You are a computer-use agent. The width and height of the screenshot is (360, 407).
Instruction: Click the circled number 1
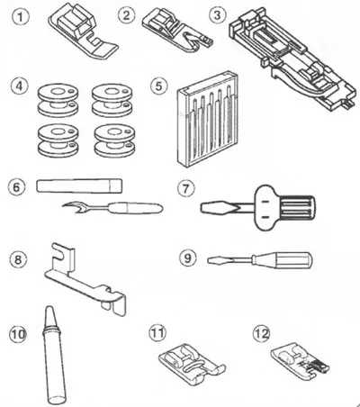(21, 16)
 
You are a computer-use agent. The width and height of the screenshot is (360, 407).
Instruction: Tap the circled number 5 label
(158, 86)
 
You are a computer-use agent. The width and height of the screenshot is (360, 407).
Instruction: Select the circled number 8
(18, 259)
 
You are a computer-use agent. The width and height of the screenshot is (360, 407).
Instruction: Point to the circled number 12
(262, 333)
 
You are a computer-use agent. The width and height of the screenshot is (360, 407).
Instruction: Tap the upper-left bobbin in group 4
(58, 101)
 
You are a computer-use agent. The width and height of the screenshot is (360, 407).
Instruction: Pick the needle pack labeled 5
(207, 119)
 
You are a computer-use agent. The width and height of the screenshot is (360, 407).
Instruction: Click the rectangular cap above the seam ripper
(79, 185)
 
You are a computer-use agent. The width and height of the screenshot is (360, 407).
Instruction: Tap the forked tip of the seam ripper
(70, 207)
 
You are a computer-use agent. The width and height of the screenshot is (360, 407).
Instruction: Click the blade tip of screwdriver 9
(210, 260)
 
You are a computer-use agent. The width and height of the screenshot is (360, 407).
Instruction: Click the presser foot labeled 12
(300, 359)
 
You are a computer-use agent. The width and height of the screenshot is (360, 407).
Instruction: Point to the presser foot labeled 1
(84, 32)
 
